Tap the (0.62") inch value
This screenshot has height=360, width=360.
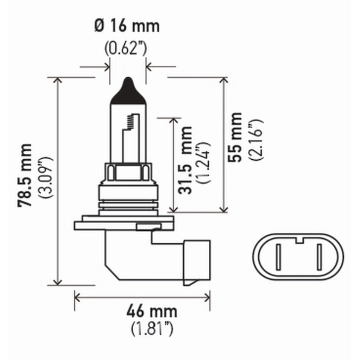coord(126,48)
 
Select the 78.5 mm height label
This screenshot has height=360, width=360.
coord(25,175)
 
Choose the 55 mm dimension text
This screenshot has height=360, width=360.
coord(234,137)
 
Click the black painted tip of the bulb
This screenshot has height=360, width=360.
coord(128,92)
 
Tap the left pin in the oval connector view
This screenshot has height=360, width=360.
coord(278,257)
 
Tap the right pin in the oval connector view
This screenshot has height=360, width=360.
coord(319,257)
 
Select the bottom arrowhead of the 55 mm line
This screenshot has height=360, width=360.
coord(223,209)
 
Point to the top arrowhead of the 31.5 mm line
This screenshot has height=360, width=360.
coord(173,120)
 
